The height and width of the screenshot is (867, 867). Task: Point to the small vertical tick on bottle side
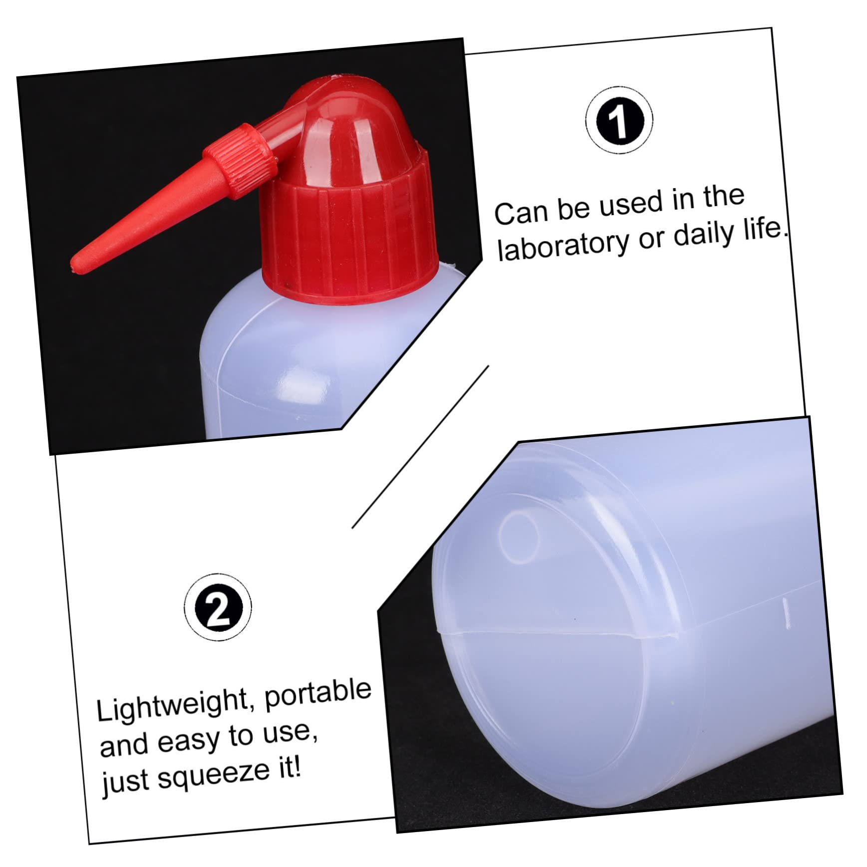click(786, 612)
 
